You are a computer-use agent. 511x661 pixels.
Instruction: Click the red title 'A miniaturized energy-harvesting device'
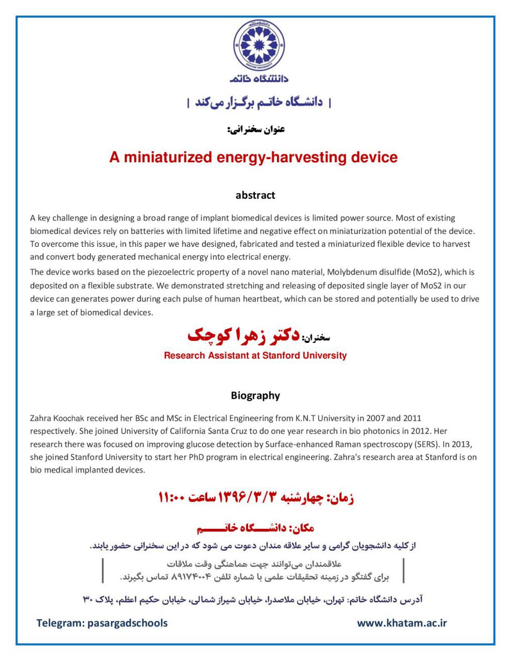[x=253, y=157]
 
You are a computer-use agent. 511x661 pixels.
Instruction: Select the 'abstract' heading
[x=255, y=195]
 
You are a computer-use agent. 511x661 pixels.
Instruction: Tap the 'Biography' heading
[x=255, y=396]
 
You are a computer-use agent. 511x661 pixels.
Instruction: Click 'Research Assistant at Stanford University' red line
[x=255, y=355]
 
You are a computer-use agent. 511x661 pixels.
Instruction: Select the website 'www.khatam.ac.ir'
[x=401, y=623]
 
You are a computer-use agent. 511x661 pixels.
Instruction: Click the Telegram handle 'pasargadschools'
[x=128, y=623]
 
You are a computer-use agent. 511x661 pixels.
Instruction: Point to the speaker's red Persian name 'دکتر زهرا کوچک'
[x=243, y=336]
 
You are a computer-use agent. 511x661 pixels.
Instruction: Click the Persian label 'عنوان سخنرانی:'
[x=256, y=129]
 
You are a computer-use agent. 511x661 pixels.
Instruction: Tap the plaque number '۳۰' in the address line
[x=87, y=600]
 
